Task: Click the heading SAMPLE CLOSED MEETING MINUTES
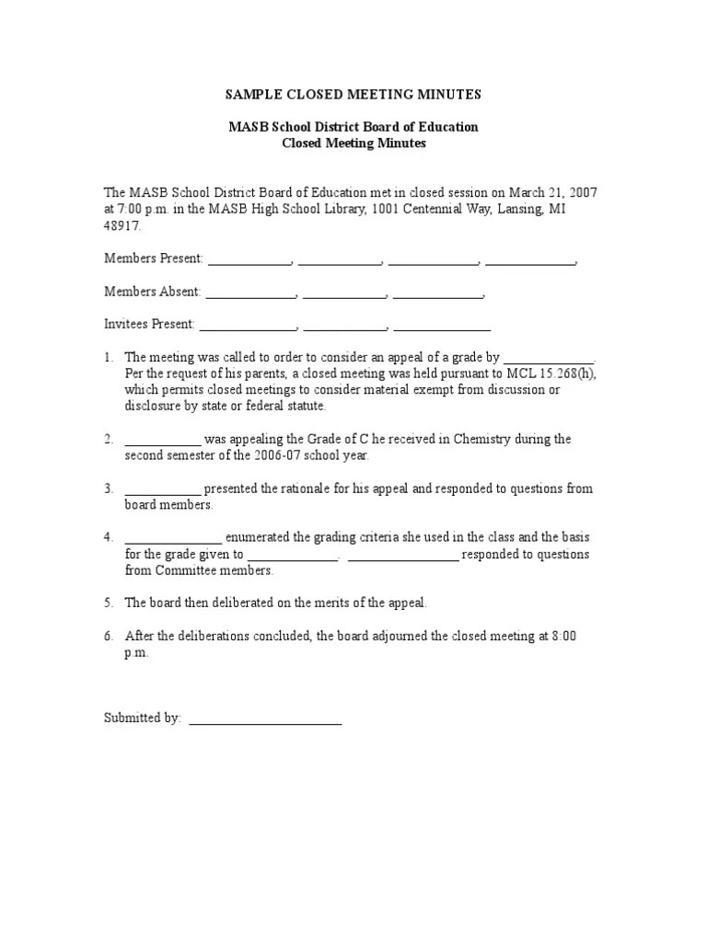point(353,95)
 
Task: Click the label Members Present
point(153,258)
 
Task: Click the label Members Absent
point(152,292)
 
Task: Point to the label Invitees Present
point(149,324)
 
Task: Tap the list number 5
point(108,603)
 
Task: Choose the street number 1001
point(390,209)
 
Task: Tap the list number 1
point(108,357)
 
